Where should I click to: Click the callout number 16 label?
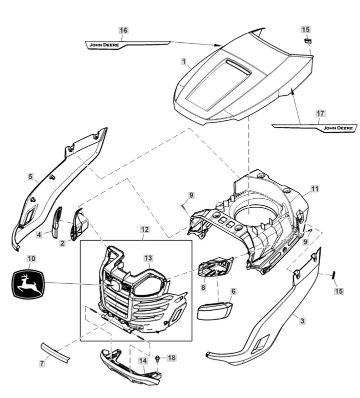coord(123,30)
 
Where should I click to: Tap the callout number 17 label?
coord(320,114)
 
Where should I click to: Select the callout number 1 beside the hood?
coord(184,62)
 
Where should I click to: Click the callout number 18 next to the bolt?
coord(171,358)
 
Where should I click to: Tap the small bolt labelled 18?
coord(158,359)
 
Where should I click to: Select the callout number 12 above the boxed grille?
coord(144,230)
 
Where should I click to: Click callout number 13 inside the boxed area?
coord(148,258)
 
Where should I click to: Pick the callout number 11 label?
coord(314,189)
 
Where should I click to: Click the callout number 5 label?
coord(30,176)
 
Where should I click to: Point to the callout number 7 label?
coord(42,364)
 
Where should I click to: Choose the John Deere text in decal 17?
coord(338,128)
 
